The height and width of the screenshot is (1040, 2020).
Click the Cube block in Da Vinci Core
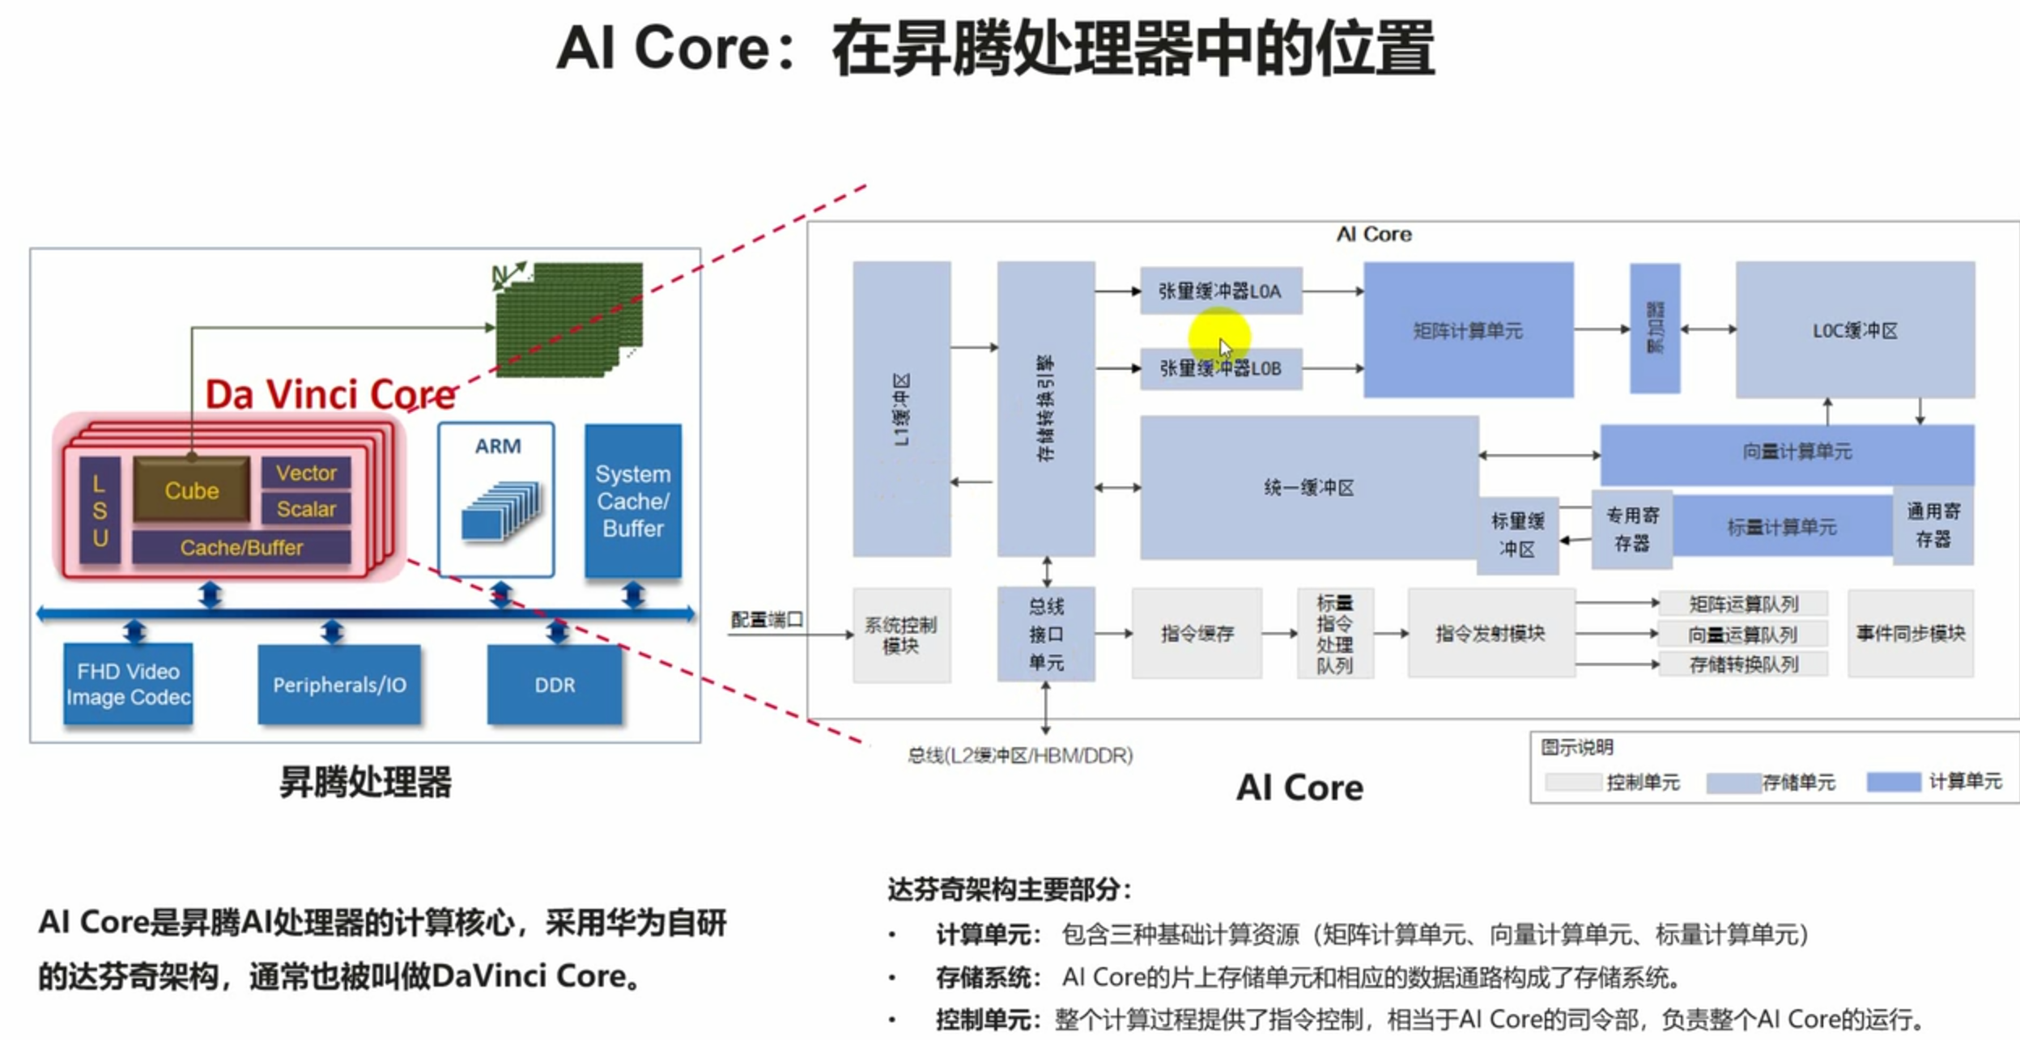192,490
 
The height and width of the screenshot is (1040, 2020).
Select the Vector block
306,473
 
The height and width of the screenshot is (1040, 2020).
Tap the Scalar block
306,509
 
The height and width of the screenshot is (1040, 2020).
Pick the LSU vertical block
100,511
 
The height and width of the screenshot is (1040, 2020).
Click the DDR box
555,685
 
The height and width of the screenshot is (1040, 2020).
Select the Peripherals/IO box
339,685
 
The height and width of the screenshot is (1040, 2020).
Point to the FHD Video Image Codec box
128,684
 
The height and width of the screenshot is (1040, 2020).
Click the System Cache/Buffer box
632,501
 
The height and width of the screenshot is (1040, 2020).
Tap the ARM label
497,446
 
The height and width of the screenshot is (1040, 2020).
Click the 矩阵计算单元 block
1468,330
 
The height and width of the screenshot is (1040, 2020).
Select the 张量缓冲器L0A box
1220,291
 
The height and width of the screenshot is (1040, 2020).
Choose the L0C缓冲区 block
1854,330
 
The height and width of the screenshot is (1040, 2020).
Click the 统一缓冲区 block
1308,487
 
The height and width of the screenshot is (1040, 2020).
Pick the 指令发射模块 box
1490,633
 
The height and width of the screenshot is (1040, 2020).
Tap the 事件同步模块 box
1910,633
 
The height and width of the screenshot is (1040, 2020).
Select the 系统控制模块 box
900,635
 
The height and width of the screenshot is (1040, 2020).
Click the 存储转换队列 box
1743,664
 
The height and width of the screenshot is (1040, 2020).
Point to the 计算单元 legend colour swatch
1893,782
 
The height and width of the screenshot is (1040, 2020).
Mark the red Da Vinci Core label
330,395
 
